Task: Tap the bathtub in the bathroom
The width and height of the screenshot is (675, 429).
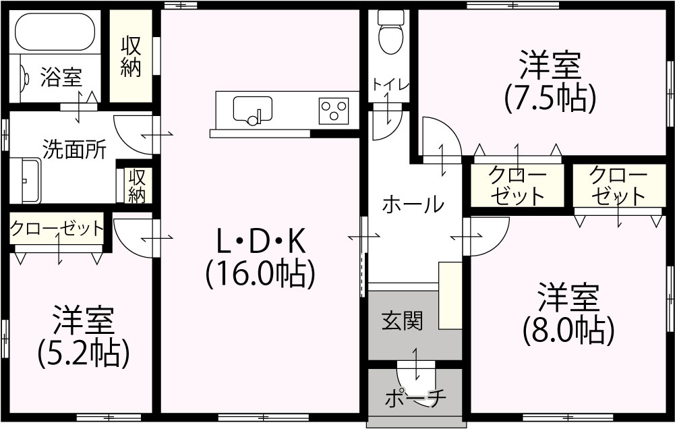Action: pos(55,32)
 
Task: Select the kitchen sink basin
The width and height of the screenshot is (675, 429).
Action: pos(253,109)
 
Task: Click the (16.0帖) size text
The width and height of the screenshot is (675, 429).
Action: pos(261,274)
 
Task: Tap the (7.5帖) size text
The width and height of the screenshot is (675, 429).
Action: pos(550,98)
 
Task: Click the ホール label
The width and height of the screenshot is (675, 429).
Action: pos(413,204)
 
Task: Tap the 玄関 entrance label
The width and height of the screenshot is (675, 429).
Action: pos(403,321)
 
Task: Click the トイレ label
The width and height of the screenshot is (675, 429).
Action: pos(390,84)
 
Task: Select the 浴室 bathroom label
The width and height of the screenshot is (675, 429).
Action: pos(61,78)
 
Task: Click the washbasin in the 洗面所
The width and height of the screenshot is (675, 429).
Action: pos(25,181)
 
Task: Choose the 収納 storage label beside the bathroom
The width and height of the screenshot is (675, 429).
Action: pos(130,57)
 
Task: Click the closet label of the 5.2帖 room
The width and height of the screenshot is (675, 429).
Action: pos(57,228)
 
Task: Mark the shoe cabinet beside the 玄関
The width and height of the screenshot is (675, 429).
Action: pos(450,295)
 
